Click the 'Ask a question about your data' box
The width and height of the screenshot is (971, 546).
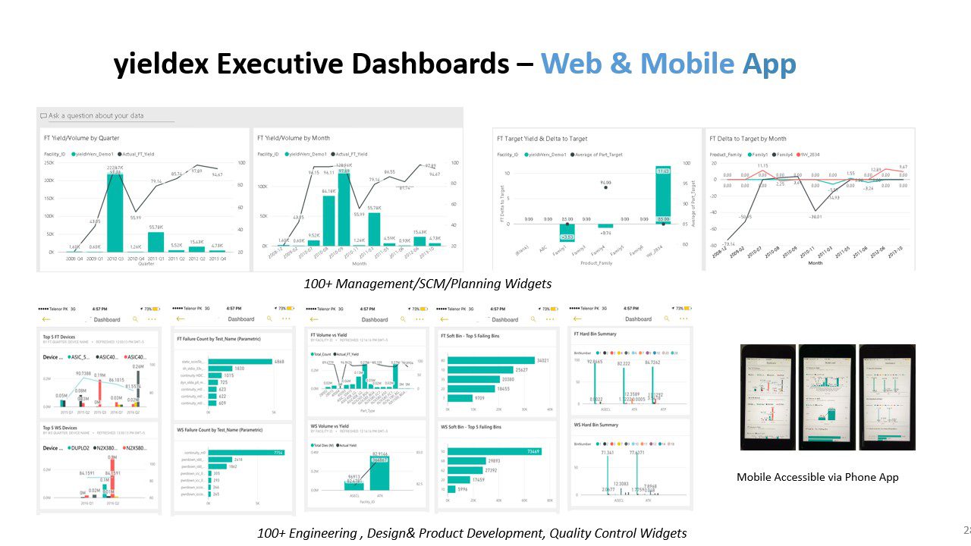click(x=111, y=116)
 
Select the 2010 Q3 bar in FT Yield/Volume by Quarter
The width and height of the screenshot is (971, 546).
click(x=115, y=212)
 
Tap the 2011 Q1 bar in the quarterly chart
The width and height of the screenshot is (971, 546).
click(x=156, y=241)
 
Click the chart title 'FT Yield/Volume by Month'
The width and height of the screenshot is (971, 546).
click(x=294, y=138)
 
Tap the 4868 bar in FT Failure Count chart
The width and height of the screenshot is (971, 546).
click(x=240, y=361)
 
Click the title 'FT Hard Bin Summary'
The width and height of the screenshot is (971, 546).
click(x=595, y=334)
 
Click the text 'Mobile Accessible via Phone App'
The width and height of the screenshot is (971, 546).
click(x=817, y=477)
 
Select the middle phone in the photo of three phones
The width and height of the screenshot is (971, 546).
click(x=828, y=397)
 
